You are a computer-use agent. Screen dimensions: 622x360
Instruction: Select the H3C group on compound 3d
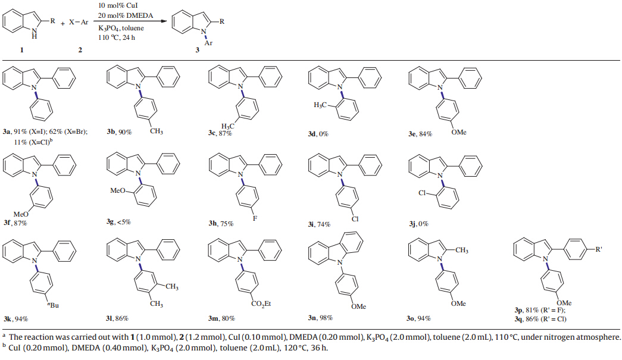[319, 105]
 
